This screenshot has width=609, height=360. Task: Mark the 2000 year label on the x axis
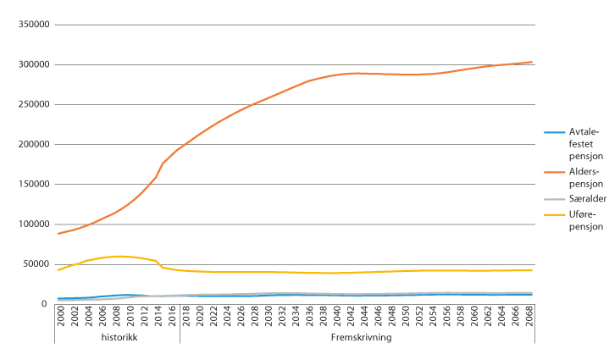coord(61,317)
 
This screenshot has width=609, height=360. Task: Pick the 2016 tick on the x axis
coord(171,317)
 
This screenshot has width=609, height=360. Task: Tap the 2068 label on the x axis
coord(531,317)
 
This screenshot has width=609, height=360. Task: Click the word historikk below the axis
coord(117,337)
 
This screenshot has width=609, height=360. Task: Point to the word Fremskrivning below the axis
coord(357,337)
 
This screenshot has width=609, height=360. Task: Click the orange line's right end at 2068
coord(531,62)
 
